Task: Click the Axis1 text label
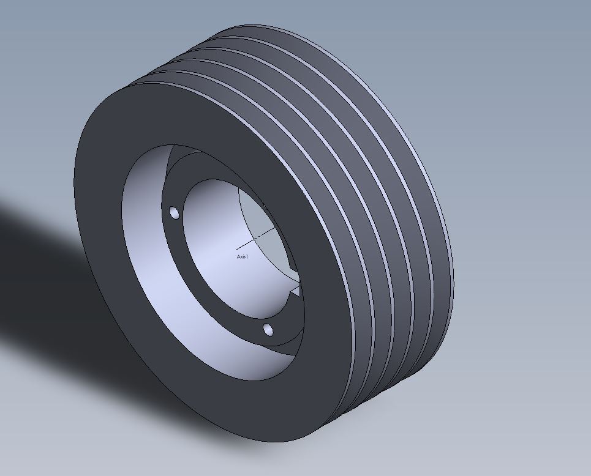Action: pyautogui.click(x=243, y=256)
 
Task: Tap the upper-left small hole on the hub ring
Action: pyautogui.click(x=174, y=213)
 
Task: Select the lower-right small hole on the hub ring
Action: pyautogui.click(x=268, y=329)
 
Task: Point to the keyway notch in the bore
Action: pyautogui.click(x=295, y=288)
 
